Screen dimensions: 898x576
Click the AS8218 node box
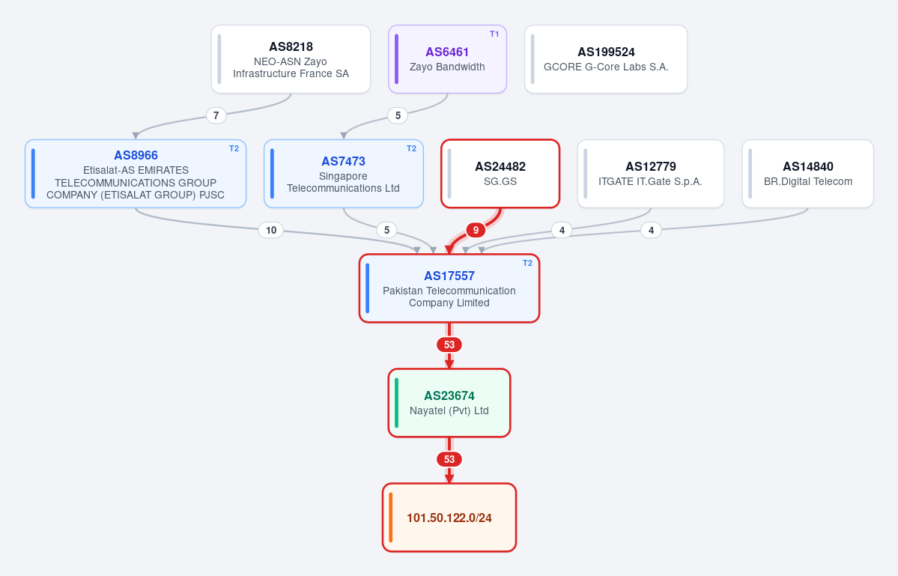[x=291, y=59]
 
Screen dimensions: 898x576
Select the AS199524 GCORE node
[x=606, y=59]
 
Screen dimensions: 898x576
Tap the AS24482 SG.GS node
[x=500, y=174]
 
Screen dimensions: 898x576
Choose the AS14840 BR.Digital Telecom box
[x=807, y=174]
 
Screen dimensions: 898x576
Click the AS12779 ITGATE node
[x=651, y=174]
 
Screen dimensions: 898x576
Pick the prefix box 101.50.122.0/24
[x=449, y=518]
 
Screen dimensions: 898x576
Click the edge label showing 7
[x=216, y=115]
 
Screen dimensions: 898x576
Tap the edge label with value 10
[x=271, y=230]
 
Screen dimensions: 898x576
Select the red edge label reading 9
[x=476, y=230]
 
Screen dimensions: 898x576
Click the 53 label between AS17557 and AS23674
[x=449, y=345]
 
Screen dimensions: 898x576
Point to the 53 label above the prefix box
[x=449, y=459]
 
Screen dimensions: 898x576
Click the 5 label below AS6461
[x=398, y=115]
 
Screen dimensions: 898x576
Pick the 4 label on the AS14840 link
[x=651, y=230]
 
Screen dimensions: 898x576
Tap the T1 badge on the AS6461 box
[x=494, y=34]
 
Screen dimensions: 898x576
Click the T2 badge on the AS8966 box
[x=234, y=149]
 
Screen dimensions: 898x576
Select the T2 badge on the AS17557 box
[x=527, y=264]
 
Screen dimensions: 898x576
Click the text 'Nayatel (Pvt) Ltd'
[x=449, y=410]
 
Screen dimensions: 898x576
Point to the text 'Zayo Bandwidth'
[x=447, y=67]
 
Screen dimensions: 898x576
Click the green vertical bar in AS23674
[x=396, y=402]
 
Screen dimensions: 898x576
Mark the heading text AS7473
[x=343, y=162]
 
